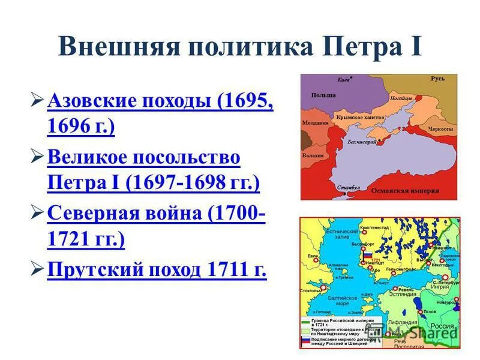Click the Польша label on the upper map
click(323, 95)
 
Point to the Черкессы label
click(440, 128)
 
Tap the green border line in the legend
click(305, 321)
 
